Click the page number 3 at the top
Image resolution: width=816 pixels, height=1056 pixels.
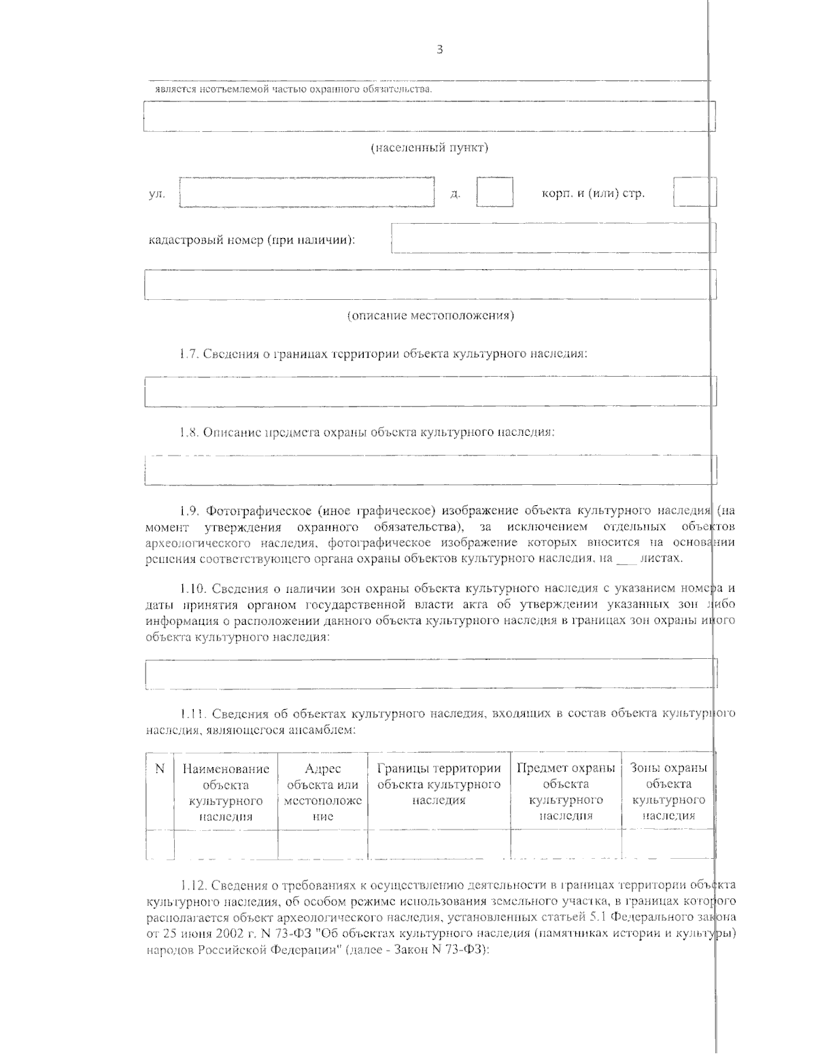(439, 50)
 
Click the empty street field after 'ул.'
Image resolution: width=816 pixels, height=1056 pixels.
(307, 192)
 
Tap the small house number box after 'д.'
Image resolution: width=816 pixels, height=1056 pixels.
(494, 192)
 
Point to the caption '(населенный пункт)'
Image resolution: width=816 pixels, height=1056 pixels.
(429, 148)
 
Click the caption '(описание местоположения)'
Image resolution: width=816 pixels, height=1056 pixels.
(430, 316)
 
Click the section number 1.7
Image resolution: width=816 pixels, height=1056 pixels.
(188, 354)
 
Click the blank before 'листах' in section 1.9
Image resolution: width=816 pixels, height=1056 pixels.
(624, 559)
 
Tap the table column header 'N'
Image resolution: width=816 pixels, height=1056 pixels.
(160, 769)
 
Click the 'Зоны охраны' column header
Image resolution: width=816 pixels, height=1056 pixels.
(668, 769)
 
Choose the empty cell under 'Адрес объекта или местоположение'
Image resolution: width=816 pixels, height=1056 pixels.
(322, 844)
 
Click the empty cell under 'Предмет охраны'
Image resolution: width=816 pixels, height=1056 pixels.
(566, 844)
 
